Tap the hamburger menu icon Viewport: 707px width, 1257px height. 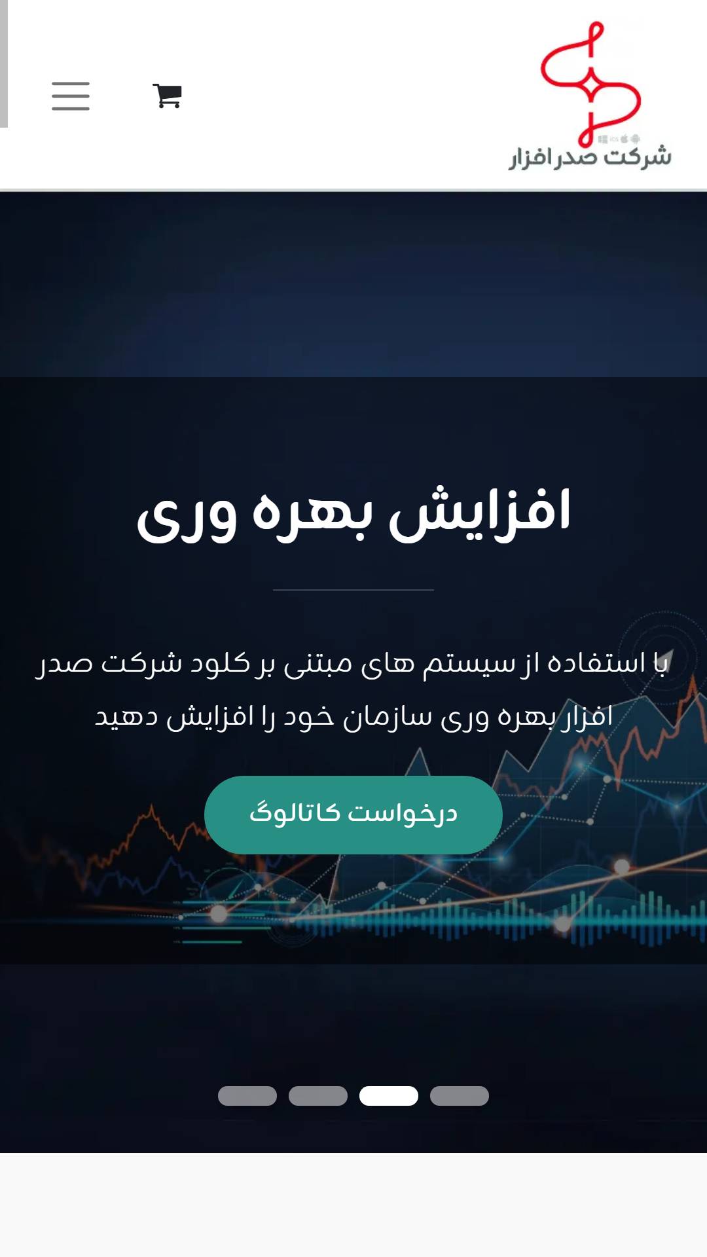point(71,96)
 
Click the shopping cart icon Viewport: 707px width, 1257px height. point(167,96)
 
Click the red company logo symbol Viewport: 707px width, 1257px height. point(590,83)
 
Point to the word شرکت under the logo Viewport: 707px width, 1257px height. point(637,156)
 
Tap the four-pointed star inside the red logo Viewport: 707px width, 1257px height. point(590,83)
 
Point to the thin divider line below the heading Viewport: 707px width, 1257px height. point(353,590)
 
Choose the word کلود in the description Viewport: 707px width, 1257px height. point(220,663)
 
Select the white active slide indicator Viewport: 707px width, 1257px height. point(389,1096)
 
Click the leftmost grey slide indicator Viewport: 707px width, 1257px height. point(247,1096)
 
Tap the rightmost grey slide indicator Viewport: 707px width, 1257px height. point(460,1096)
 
